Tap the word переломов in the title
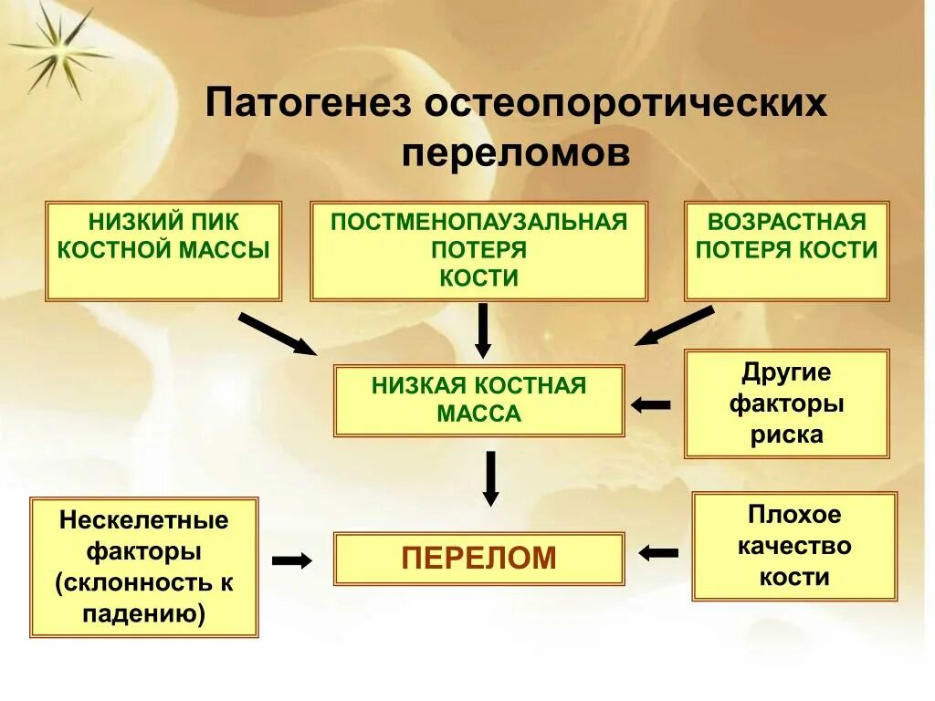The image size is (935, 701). [x=516, y=152]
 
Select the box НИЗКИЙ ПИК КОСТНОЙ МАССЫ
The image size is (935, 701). [x=163, y=251]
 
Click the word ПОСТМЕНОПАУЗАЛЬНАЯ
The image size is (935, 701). [x=478, y=222]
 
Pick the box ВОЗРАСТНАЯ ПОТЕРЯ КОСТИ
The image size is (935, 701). [x=786, y=251]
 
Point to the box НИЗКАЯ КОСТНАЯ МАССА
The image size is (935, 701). [x=478, y=401]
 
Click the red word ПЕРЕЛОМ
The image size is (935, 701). [x=478, y=558]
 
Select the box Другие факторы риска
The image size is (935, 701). [x=786, y=403]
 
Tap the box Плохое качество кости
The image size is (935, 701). [x=794, y=546]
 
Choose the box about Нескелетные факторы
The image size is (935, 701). [x=144, y=567]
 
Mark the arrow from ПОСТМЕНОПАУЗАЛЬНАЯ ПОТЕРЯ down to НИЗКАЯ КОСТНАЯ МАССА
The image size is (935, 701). [x=483, y=330]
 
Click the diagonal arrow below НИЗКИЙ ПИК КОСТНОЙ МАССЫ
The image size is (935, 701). [x=277, y=333]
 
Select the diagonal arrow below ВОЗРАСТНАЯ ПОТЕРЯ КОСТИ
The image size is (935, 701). [x=675, y=326]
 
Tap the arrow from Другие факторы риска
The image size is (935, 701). [x=650, y=404]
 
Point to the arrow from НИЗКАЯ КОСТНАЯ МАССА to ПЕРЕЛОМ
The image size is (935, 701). [x=490, y=478]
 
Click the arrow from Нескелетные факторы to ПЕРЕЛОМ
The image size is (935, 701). [x=292, y=561]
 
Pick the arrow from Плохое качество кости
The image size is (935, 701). [x=658, y=552]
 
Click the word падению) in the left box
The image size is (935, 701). [x=143, y=613]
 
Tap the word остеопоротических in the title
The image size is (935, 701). [x=625, y=102]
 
